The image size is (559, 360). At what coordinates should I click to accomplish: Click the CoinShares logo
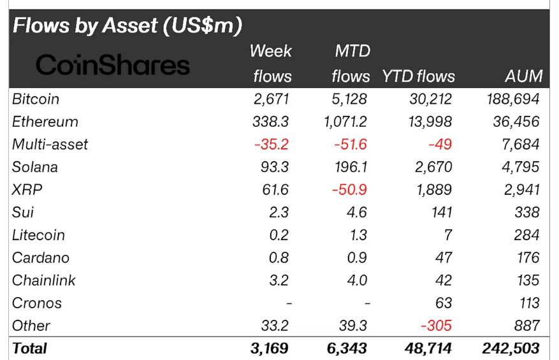[112, 65]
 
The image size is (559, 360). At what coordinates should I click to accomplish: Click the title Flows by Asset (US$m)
[127, 26]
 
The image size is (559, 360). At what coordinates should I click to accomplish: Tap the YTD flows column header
[418, 76]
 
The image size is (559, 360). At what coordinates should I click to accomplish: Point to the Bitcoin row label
[36, 99]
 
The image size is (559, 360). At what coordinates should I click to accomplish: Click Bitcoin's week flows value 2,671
[272, 99]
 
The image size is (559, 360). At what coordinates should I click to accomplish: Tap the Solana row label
[35, 167]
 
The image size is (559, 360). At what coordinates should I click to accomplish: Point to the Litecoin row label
[38, 235]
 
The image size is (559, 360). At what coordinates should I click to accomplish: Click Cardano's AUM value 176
[526, 257]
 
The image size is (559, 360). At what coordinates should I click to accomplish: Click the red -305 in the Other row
[437, 326]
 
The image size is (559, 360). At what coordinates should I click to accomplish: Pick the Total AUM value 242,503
[511, 349]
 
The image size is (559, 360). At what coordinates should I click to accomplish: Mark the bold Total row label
[29, 349]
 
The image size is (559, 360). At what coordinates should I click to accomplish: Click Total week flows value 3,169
[270, 349]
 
